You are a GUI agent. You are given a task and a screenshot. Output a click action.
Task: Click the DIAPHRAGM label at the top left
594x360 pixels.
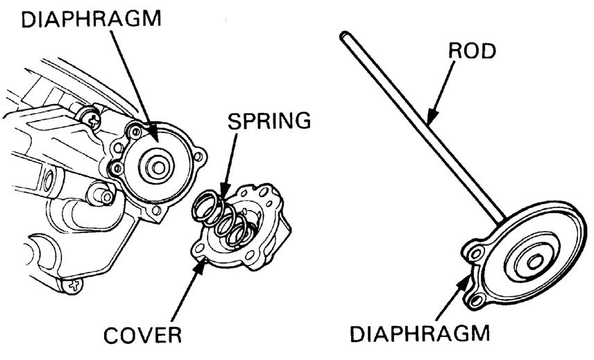click(92, 19)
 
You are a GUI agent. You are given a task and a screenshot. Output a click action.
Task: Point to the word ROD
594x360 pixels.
click(472, 53)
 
